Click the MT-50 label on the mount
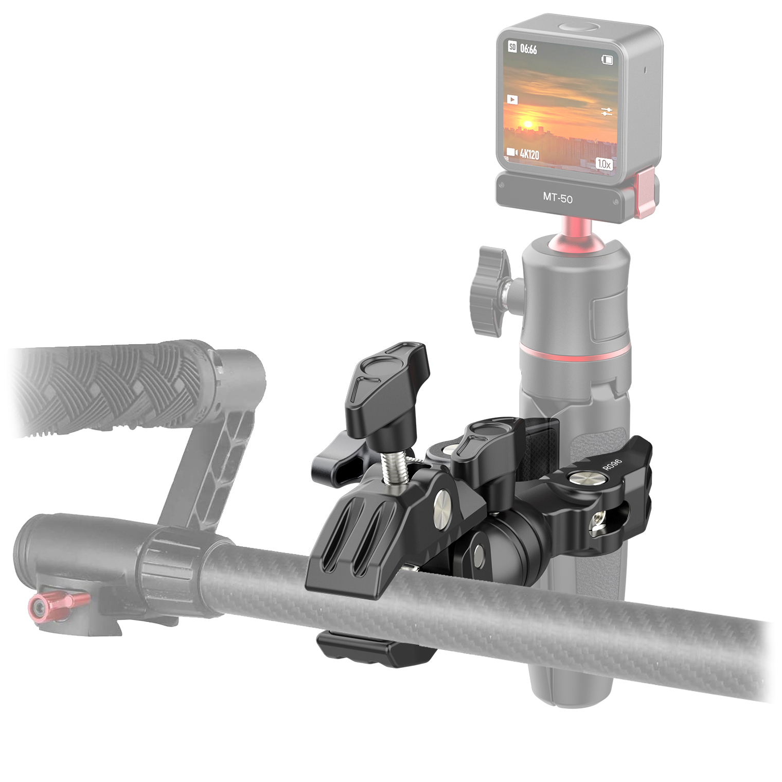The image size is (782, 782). point(558,197)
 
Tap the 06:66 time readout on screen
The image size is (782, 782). point(528,49)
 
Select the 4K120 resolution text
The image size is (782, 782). point(529,154)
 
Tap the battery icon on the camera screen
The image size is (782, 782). point(607,60)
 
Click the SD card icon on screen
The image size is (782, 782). point(512,47)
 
